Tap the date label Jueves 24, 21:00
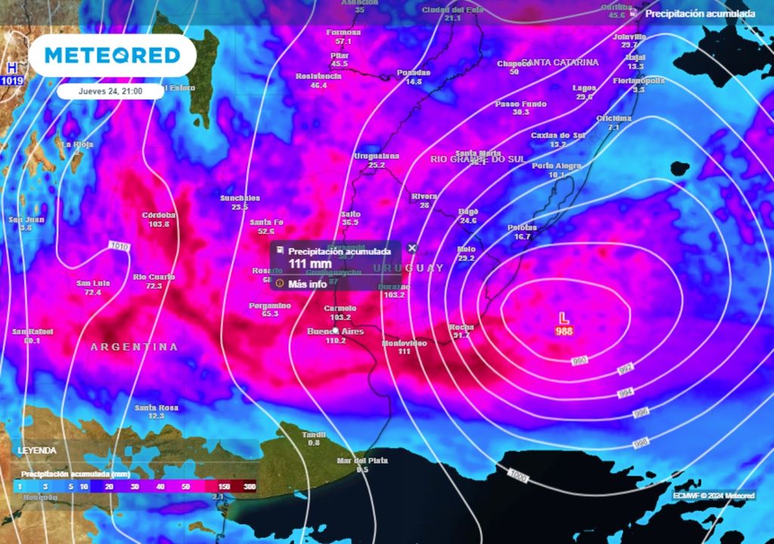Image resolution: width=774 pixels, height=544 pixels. coord(110,91)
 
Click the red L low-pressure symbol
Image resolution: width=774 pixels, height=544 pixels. coord(563,318)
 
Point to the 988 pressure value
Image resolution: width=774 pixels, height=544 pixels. coord(564,332)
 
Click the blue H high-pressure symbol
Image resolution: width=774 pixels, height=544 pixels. coord(11,67)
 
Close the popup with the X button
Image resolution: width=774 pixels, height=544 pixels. coord(412,248)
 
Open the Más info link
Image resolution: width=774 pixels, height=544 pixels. coord(307,283)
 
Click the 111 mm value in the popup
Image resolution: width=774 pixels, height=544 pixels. coord(310,264)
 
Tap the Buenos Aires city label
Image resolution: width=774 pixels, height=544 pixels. coord(336,332)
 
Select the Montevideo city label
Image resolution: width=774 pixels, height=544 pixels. coord(404,343)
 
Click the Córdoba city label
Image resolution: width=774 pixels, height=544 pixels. coord(159,215)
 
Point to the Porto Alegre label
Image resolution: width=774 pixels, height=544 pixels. coord(556,165)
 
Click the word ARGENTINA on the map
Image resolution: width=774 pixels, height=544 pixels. coord(134,347)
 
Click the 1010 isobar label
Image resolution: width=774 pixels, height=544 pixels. coord(119,246)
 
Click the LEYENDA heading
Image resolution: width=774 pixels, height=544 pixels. coord(37,450)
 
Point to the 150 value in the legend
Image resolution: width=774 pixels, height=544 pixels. coord(224,487)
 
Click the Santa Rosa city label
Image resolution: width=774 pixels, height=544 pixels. coord(156,408)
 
